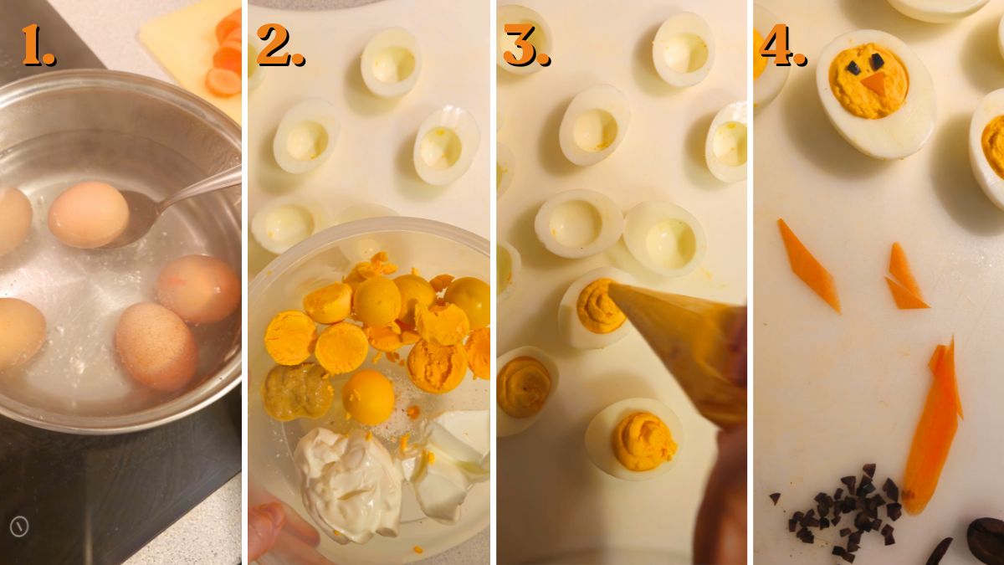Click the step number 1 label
38,45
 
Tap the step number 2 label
279,45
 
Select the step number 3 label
525,45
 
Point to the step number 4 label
782,45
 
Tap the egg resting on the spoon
88,214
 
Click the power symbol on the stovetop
18,526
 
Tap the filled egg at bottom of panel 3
634,438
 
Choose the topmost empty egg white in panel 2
391,63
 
